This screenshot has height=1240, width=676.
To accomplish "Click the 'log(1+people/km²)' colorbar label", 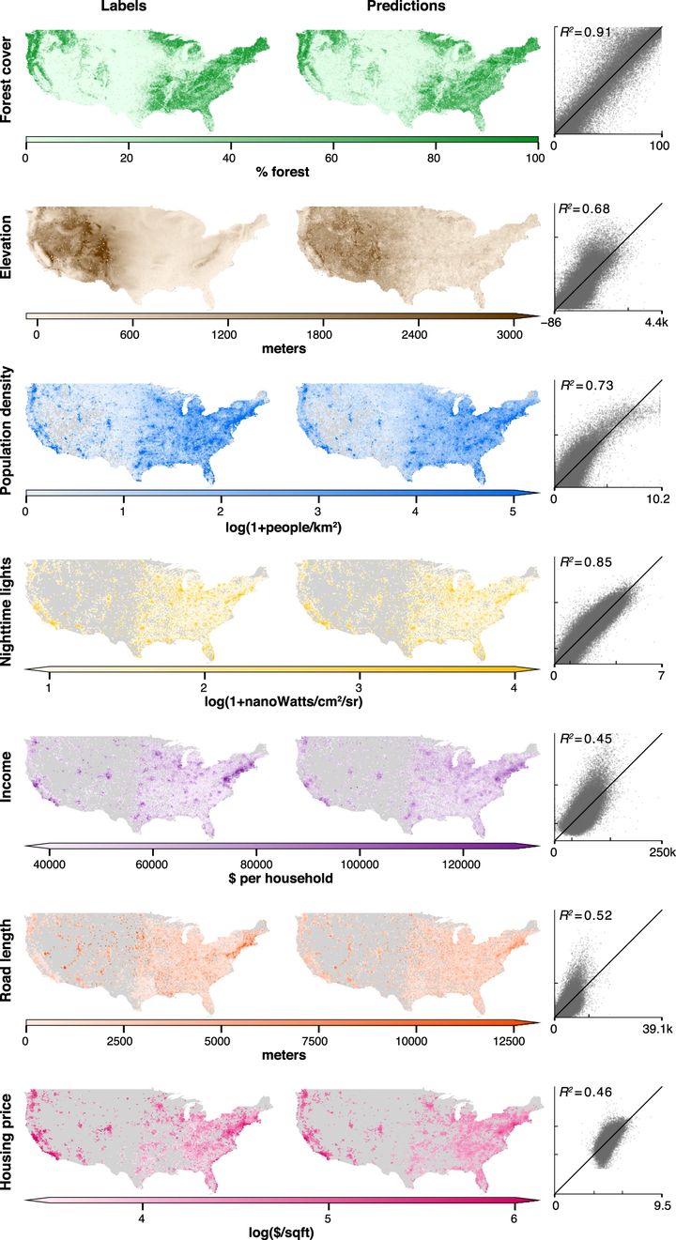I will pyautogui.click(x=281, y=528).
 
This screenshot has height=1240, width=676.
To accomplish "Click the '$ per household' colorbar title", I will pyautogui.click(x=281, y=880).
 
